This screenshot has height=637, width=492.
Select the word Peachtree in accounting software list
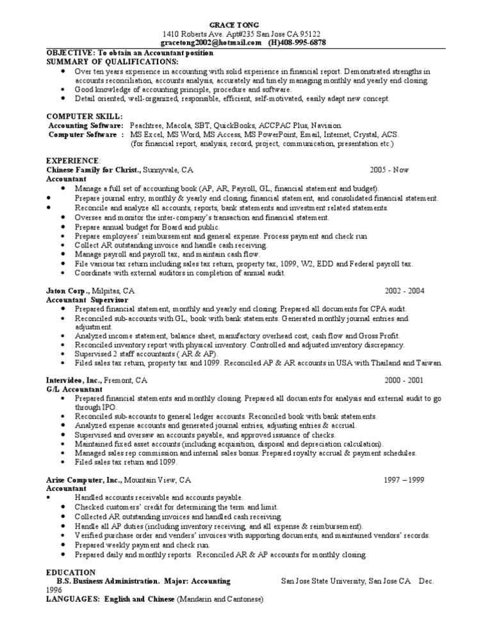click(149, 126)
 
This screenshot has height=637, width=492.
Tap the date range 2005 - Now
click(389, 170)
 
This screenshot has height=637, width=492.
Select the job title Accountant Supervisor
click(87, 299)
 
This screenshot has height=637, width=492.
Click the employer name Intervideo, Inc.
click(73, 380)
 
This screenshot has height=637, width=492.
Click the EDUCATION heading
click(71, 572)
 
